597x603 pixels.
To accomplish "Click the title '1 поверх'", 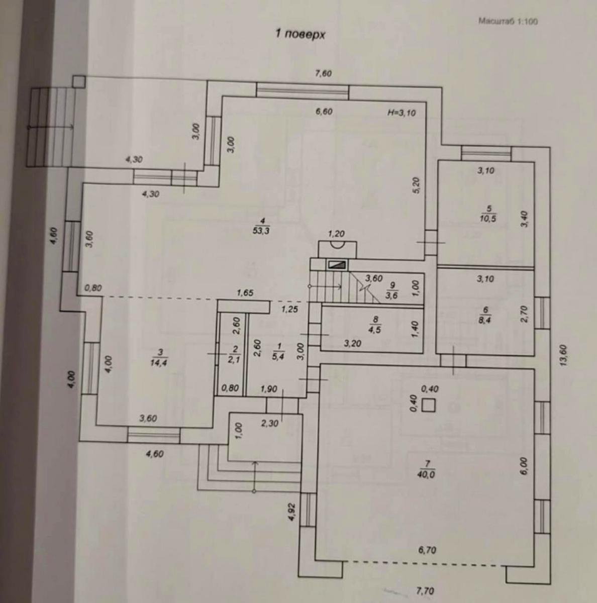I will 300,34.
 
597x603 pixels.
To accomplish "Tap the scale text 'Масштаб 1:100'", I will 507,22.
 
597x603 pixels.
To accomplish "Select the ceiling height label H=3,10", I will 402,113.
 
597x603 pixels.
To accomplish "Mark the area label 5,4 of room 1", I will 280,357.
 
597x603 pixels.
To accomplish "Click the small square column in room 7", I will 428,405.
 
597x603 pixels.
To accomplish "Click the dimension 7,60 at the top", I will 323,74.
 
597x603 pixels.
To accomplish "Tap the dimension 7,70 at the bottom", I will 425,591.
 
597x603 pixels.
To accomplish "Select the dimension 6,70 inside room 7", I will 427,550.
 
